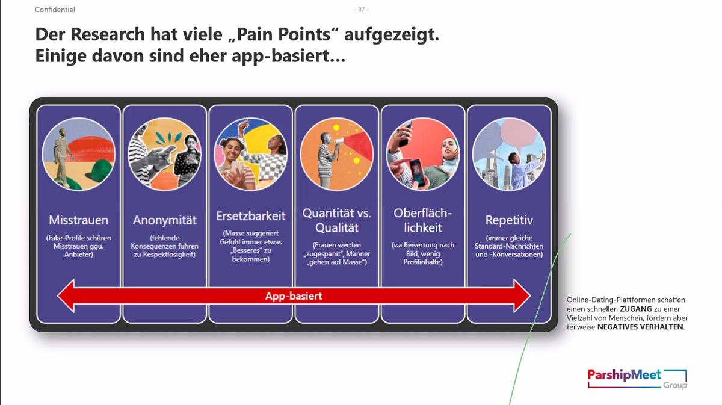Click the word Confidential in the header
(55, 10)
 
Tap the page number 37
(362, 10)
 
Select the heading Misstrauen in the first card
(79, 220)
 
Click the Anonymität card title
(165, 220)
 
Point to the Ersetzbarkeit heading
(251, 215)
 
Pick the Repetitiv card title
(509, 220)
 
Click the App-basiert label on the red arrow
(294, 295)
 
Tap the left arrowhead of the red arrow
(66, 295)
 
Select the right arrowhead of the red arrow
(522, 295)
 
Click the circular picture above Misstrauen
(79, 154)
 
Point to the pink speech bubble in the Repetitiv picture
(518, 133)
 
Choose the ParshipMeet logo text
(625, 375)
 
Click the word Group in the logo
(675, 385)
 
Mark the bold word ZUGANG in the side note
(635, 309)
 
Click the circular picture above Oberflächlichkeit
(423, 154)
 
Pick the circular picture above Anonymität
(165, 154)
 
